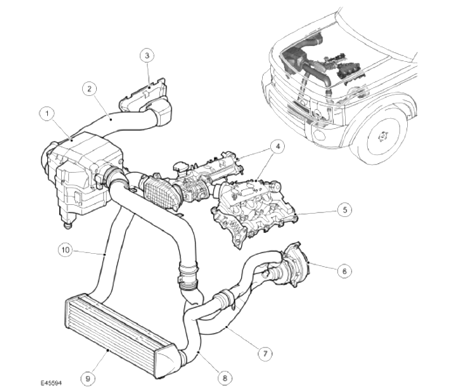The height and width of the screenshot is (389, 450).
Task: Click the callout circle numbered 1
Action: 47,113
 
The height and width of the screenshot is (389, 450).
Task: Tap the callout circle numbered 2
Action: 89,89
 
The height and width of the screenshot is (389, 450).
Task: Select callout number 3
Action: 147,55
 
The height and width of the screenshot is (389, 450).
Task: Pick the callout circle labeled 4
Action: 277,146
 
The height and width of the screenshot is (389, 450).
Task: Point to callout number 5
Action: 344,210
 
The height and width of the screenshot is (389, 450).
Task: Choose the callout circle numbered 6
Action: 344,271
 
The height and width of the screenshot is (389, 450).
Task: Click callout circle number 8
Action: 225,378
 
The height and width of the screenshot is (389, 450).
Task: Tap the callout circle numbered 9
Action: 88,378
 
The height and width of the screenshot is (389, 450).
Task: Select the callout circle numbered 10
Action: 65,250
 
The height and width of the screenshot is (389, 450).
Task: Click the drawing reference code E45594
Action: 51,383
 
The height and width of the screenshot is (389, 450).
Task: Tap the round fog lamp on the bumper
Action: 319,134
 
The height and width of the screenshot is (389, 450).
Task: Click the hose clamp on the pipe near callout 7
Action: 225,300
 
